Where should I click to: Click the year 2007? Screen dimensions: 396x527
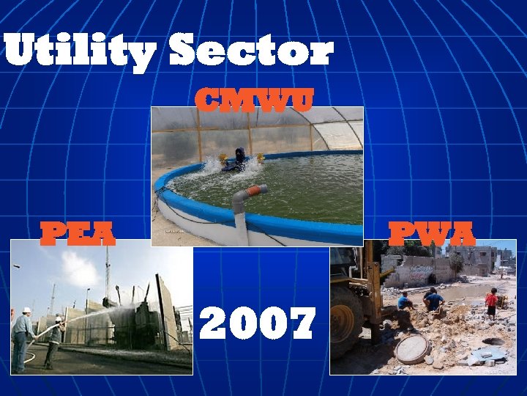[258, 323]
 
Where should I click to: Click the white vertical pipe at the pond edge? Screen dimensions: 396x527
[241, 220]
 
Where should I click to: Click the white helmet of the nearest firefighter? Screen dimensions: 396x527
[27, 310]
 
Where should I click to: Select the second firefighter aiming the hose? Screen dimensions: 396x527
[53, 341]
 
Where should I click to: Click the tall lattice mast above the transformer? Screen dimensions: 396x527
[107, 271]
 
